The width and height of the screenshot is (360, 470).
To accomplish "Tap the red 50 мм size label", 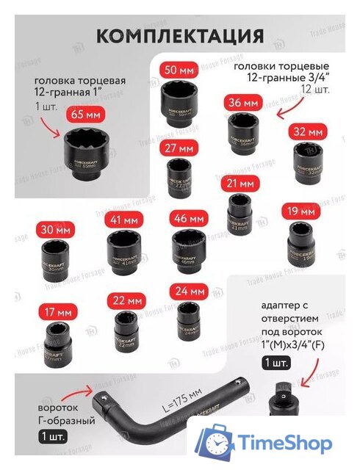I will coord(179,71).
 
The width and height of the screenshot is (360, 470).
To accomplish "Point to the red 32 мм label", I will coord(306,132).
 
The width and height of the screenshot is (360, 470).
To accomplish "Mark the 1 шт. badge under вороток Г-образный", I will coord(54,435).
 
